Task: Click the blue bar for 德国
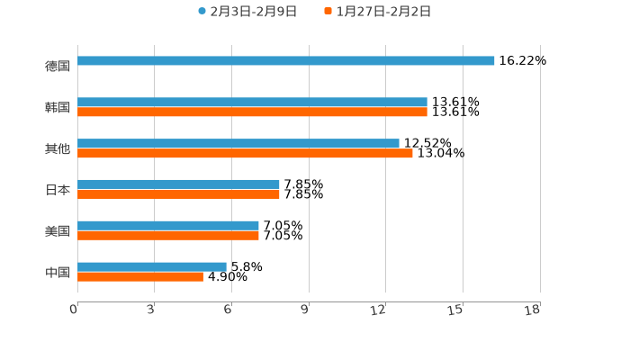(x=286, y=61)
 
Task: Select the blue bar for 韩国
(x=252, y=103)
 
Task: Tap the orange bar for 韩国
(x=252, y=112)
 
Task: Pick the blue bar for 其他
(x=238, y=144)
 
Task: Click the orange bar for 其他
(x=245, y=154)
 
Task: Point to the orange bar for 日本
(x=178, y=194)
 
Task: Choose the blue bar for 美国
(x=168, y=226)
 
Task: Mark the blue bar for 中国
(x=152, y=266)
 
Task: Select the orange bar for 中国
(x=140, y=277)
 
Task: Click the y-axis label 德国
(x=58, y=66)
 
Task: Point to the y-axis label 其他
(x=58, y=148)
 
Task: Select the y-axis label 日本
(x=58, y=190)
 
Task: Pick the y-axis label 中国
(x=58, y=272)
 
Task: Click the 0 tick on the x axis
(x=74, y=310)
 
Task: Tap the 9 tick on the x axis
(x=305, y=310)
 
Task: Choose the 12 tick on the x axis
(x=379, y=310)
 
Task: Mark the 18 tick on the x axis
(x=533, y=310)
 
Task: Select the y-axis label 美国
(x=58, y=230)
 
